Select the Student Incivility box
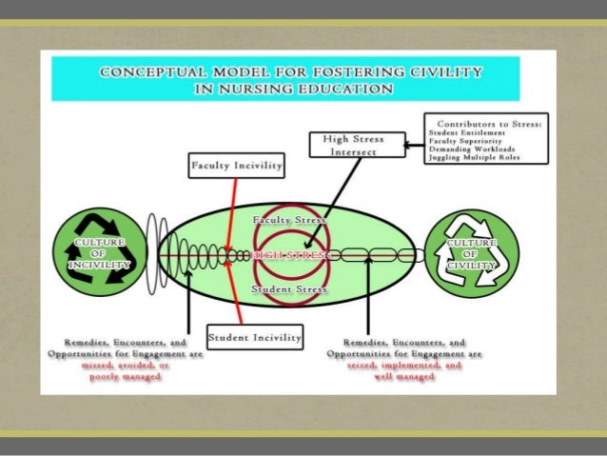tap(254, 337)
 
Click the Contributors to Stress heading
tap(485, 124)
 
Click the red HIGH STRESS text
tap(287, 255)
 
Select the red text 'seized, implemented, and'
tap(405, 365)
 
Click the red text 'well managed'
tap(405, 376)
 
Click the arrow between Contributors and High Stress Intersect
tap(415, 146)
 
